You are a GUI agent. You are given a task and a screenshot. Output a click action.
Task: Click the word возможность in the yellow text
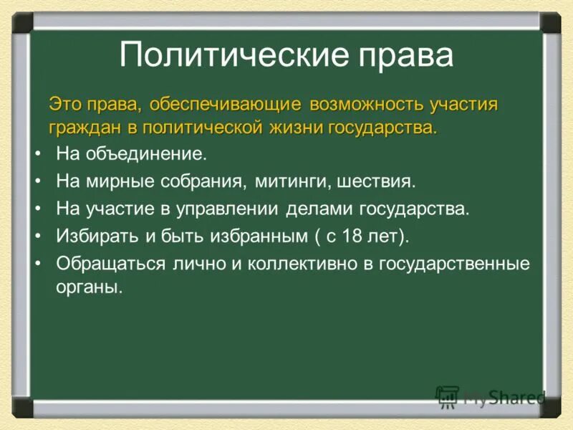tap(366, 105)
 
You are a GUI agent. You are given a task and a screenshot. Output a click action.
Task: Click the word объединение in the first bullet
tap(146, 154)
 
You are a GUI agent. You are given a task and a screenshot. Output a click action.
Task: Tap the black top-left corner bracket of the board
tap(22, 22)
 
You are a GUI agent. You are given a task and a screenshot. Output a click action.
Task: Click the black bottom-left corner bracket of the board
tap(22, 408)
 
